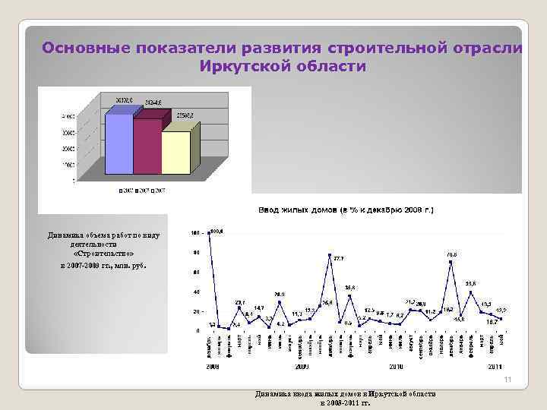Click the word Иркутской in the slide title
pos(239,67)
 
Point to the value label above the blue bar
pos(125,99)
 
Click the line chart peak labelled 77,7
pos(330,254)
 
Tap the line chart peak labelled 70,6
pos(451,262)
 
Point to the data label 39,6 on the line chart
pos(471,283)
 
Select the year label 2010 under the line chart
pos(395,365)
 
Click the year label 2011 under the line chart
pos(494,365)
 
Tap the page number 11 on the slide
pos(506,380)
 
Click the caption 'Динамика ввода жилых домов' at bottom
pos(346,395)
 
